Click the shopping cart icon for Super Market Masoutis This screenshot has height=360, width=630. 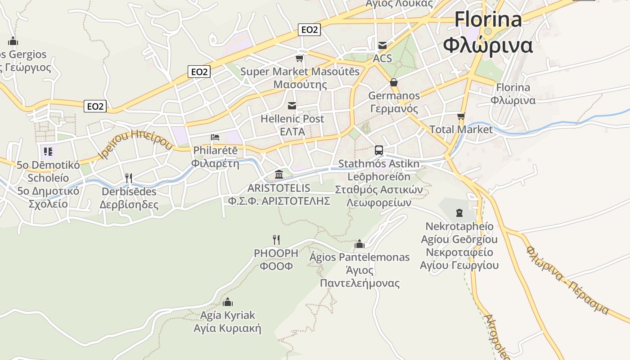299,58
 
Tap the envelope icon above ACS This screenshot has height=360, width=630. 382,45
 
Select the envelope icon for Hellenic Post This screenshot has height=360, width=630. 292,106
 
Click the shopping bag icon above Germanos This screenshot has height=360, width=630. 394,82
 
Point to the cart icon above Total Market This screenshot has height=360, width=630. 461,117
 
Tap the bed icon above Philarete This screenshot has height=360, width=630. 215,137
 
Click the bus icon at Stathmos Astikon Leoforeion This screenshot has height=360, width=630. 379,150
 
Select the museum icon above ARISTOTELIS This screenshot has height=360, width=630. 279,174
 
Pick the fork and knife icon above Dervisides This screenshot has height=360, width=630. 129,178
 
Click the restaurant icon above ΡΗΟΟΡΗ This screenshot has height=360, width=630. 276,239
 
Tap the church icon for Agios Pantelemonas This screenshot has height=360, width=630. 359,244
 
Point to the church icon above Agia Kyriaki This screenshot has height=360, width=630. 228,301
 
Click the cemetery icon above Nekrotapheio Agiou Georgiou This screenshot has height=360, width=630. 459,212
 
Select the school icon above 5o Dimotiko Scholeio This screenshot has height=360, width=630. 48,151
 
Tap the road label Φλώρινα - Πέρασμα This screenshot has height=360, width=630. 567,280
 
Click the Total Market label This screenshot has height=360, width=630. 461,130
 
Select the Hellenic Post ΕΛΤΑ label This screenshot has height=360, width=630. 292,125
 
